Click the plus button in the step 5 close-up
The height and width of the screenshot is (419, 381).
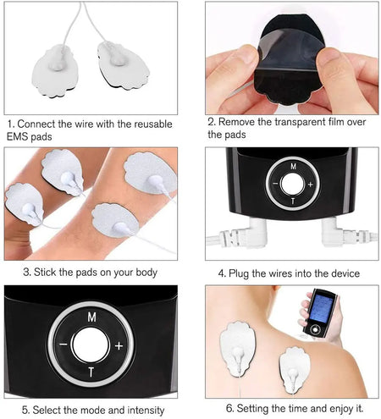tap(119, 345)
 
